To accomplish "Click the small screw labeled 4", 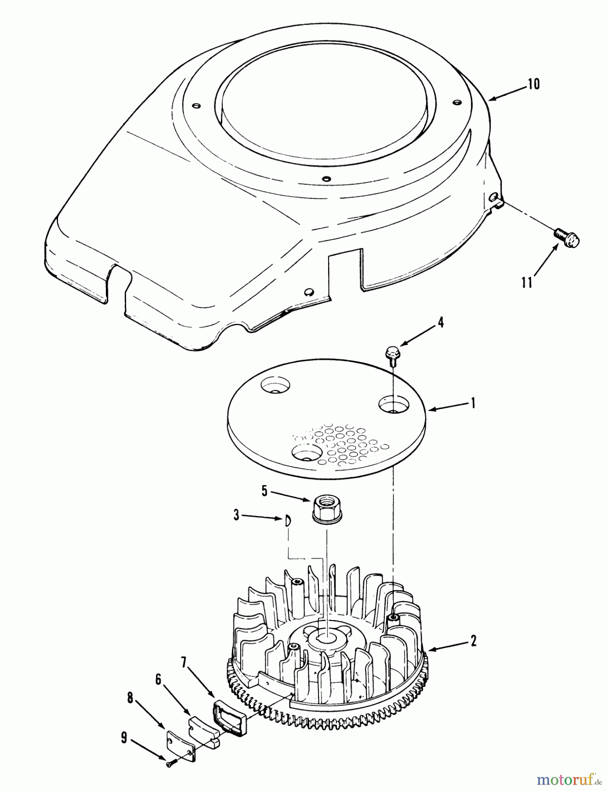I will [391, 352].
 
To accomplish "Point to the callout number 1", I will [473, 403].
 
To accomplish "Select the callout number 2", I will [473, 641].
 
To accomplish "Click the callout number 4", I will [441, 323].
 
